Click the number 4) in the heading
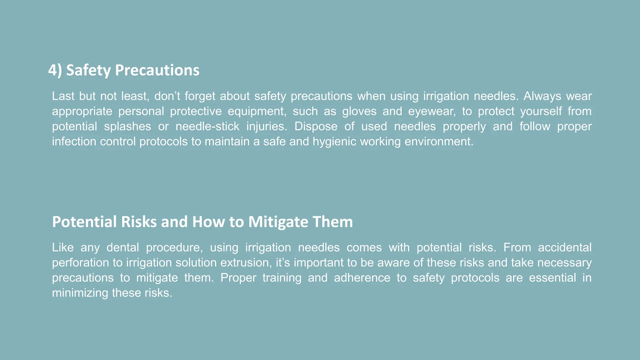[55, 70]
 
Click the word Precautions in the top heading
[157, 70]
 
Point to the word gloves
[359, 111]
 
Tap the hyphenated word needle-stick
[207, 127]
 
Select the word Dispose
[316, 127]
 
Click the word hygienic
[334, 142]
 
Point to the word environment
[439, 142]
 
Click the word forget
[200, 96]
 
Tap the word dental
[123, 247]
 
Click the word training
[282, 278]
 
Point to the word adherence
[362, 278]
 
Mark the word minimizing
[80, 293]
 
